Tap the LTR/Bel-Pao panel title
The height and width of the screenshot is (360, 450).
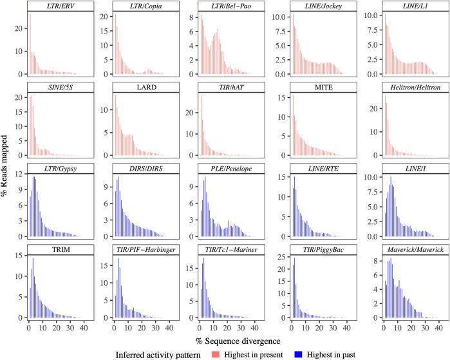coord(231,6)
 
